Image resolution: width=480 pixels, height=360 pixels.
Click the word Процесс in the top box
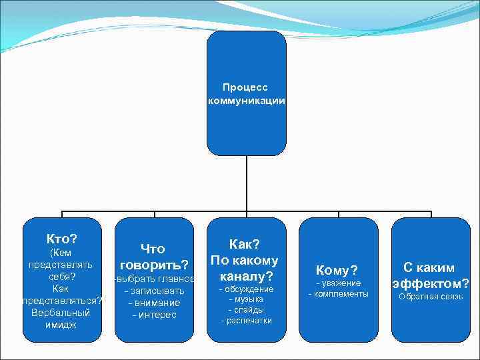click(x=246, y=87)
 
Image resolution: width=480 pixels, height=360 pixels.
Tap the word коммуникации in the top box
click(x=246, y=101)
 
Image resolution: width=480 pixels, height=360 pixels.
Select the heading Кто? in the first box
click(x=61, y=239)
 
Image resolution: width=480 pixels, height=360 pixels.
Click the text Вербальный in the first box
click(x=61, y=313)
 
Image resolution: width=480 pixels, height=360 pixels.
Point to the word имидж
click(x=61, y=325)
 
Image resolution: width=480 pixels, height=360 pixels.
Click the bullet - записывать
click(x=154, y=291)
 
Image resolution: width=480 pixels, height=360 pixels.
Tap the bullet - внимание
click(x=154, y=303)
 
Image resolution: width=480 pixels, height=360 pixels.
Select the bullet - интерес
click(x=154, y=315)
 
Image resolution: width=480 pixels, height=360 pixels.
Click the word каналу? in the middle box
click(x=246, y=275)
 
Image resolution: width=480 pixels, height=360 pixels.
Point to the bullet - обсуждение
click(x=246, y=289)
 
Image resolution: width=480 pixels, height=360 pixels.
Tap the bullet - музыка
click(x=246, y=299)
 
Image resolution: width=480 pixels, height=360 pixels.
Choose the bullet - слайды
click(x=246, y=310)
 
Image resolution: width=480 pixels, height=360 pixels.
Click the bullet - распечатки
click(x=246, y=321)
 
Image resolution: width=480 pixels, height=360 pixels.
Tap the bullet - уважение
click(x=338, y=283)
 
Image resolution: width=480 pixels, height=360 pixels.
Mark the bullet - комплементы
click(x=338, y=294)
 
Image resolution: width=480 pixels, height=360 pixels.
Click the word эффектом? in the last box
click(x=430, y=283)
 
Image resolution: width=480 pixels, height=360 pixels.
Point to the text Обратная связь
click(x=430, y=297)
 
